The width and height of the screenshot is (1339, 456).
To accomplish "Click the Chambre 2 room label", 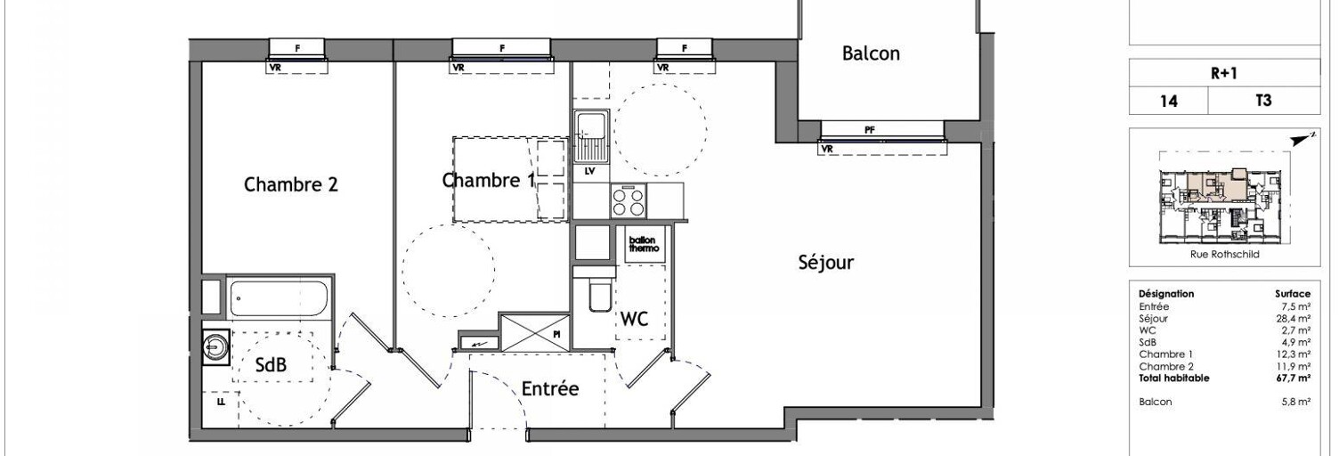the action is (290, 184).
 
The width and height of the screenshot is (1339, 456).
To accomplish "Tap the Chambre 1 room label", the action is (489, 180).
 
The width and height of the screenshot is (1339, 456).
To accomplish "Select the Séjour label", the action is (826, 262).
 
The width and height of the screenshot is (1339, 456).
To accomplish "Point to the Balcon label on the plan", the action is (871, 53).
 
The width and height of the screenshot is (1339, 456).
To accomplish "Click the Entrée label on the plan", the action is (550, 388).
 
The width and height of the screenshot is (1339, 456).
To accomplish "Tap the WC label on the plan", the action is (634, 319).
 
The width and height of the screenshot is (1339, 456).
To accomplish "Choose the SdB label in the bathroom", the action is (271, 364).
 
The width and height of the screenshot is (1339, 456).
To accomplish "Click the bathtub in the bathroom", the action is (280, 298).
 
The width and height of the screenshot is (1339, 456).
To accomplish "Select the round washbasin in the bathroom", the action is (215, 346).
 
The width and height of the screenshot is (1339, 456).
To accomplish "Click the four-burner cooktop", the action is (629, 201).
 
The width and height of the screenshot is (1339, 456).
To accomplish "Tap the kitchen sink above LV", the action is (591, 137).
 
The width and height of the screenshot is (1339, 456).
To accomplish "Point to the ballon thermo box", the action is (644, 244).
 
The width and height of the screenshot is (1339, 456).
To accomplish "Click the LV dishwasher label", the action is (590, 172).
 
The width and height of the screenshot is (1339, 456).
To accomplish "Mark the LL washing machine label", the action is (221, 402).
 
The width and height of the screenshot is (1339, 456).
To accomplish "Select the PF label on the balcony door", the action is (870, 130).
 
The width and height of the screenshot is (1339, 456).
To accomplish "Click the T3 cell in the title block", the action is (1263, 101).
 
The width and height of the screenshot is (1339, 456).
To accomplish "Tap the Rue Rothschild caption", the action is (1224, 255).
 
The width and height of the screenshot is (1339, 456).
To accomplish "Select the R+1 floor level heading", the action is (1223, 74).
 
